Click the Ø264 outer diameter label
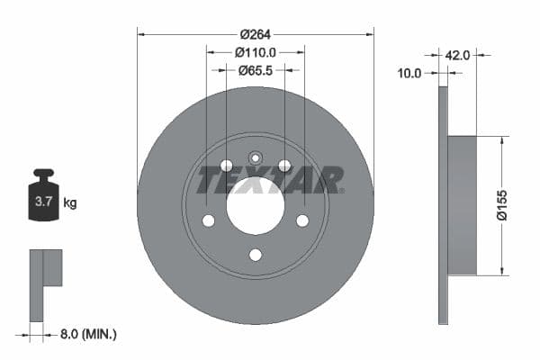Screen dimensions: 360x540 [255, 34]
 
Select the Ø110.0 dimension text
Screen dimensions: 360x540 [255, 52]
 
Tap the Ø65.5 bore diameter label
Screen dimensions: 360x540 [255, 69]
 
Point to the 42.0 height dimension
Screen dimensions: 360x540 [457, 55]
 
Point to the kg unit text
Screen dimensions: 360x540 [70, 203]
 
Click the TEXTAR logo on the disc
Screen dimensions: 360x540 [270, 180]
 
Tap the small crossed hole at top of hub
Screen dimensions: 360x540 [255, 157]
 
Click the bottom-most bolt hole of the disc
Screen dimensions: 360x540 [255, 255]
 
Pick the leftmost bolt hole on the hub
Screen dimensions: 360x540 [208, 220]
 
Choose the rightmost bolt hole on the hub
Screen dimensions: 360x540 [302, 220]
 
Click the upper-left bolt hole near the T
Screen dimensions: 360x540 [226, 165]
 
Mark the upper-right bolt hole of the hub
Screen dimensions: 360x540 [284, 165]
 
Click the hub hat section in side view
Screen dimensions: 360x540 [461, 205]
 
